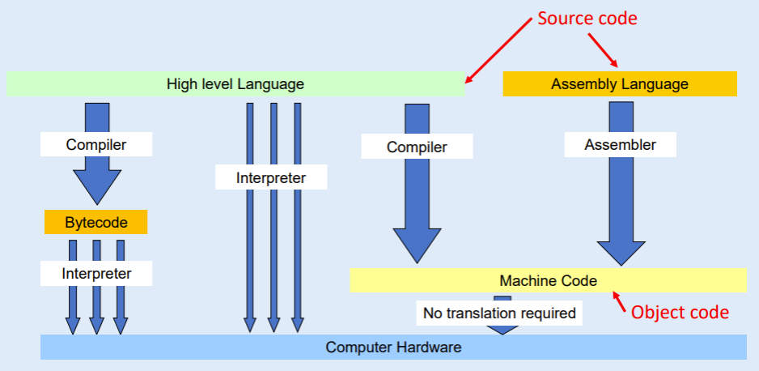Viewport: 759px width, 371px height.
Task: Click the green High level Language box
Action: [x=235, y=83]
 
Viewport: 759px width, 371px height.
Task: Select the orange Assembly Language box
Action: [x=620, y=83]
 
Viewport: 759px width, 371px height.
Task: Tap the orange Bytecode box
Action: [x=96, y=221]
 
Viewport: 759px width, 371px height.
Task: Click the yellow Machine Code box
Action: [x=548, y=280]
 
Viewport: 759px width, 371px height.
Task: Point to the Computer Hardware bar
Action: [x=393, y=347]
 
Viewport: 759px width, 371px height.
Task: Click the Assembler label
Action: [x=620, y=145]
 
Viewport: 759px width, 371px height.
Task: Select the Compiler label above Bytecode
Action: [x=96, y=145]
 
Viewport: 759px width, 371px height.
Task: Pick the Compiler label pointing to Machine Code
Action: [x=417, y=147]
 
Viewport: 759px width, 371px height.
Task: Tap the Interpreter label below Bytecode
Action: [x=96, y=273]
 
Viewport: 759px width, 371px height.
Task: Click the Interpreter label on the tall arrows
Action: [x=271, y=177]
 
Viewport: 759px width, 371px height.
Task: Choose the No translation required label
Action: [x=500, y=312]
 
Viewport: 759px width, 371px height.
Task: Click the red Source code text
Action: [x=587, y=18]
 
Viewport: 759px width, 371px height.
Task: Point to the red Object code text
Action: [x=680, y=312]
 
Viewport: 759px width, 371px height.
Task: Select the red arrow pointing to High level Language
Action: [x=499, y=52]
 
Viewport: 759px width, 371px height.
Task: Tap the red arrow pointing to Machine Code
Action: [x=621, y=303]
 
